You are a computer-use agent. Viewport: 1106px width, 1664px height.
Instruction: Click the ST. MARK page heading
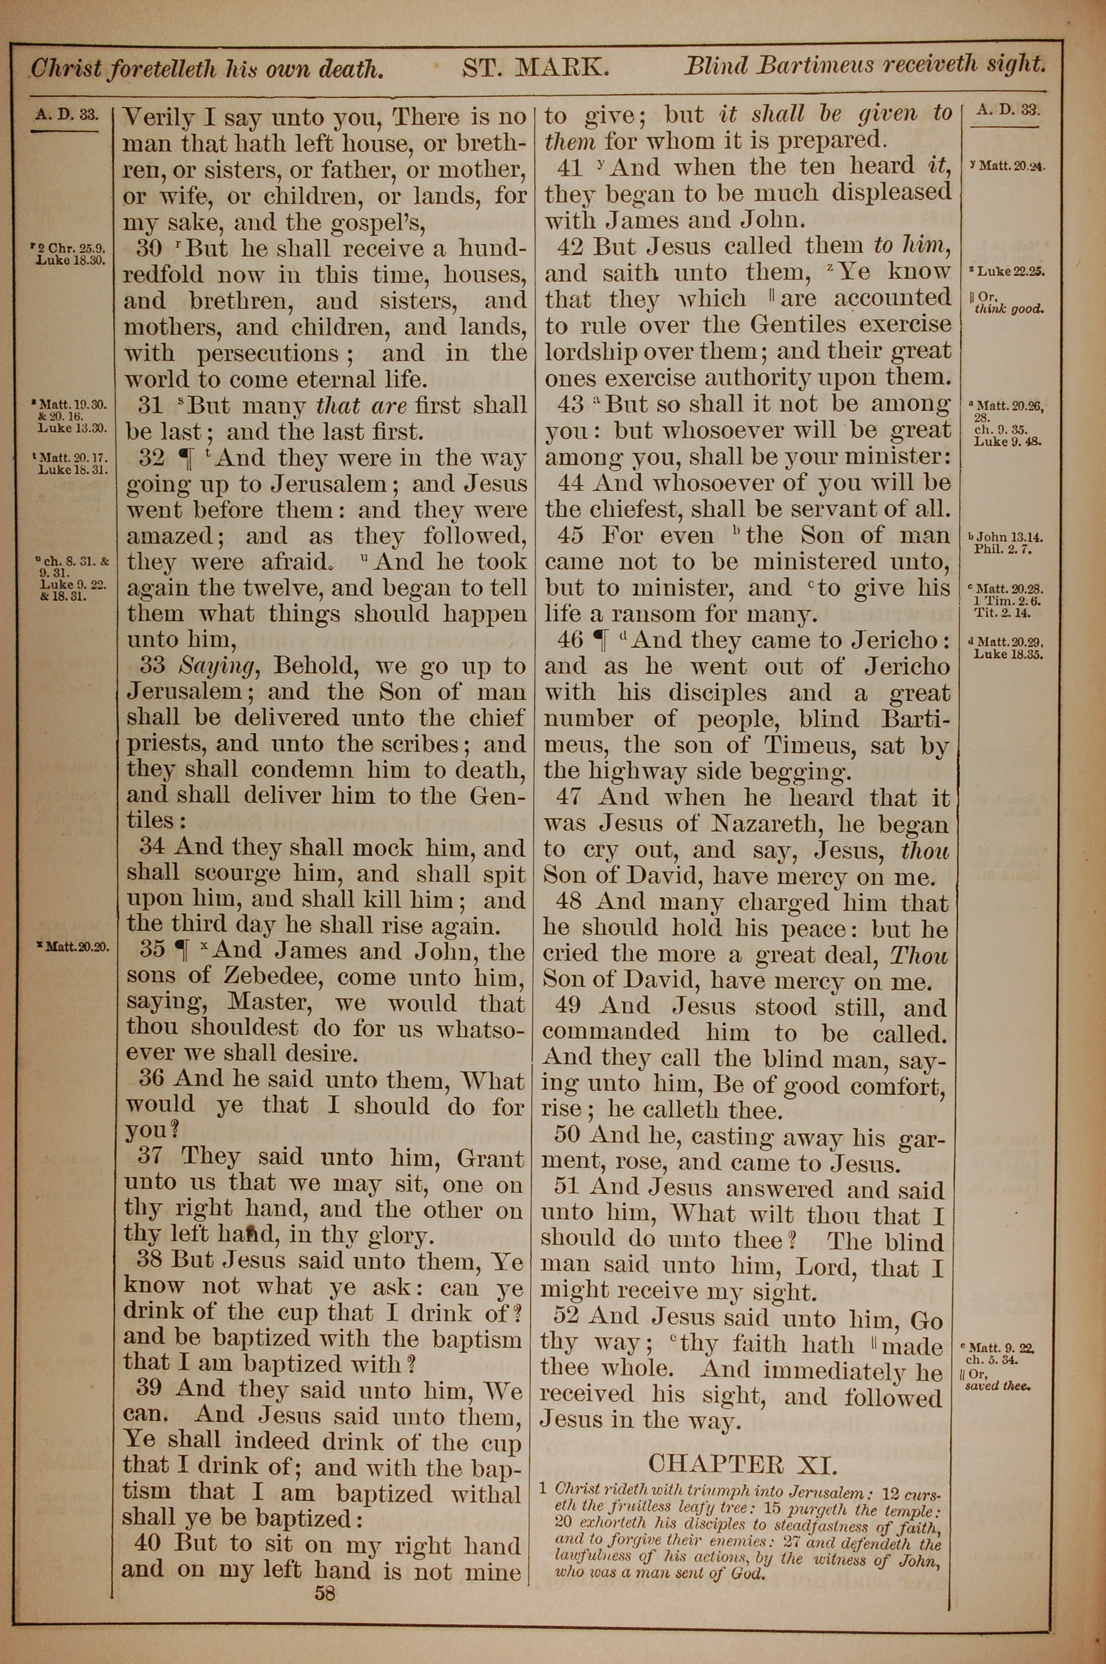point(535,67)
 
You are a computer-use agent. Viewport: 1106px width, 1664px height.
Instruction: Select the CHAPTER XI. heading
point(743,1464)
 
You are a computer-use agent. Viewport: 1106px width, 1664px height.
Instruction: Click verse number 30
point(149,248)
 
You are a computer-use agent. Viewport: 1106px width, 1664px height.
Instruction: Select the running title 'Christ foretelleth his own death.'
point(207,69)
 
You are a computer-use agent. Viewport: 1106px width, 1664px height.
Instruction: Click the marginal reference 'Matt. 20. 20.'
point(74,947)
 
